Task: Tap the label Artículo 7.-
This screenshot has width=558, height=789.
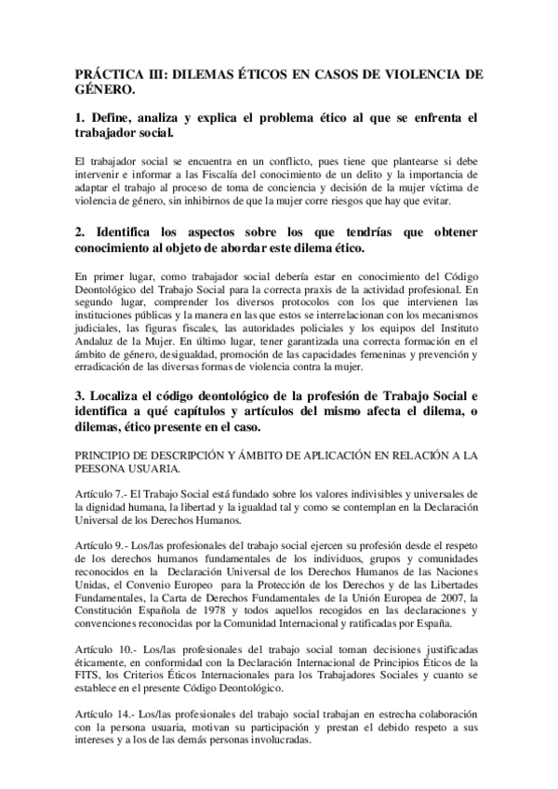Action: (x=102, y=493)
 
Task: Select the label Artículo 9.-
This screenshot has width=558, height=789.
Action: (x=102, y=540)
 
